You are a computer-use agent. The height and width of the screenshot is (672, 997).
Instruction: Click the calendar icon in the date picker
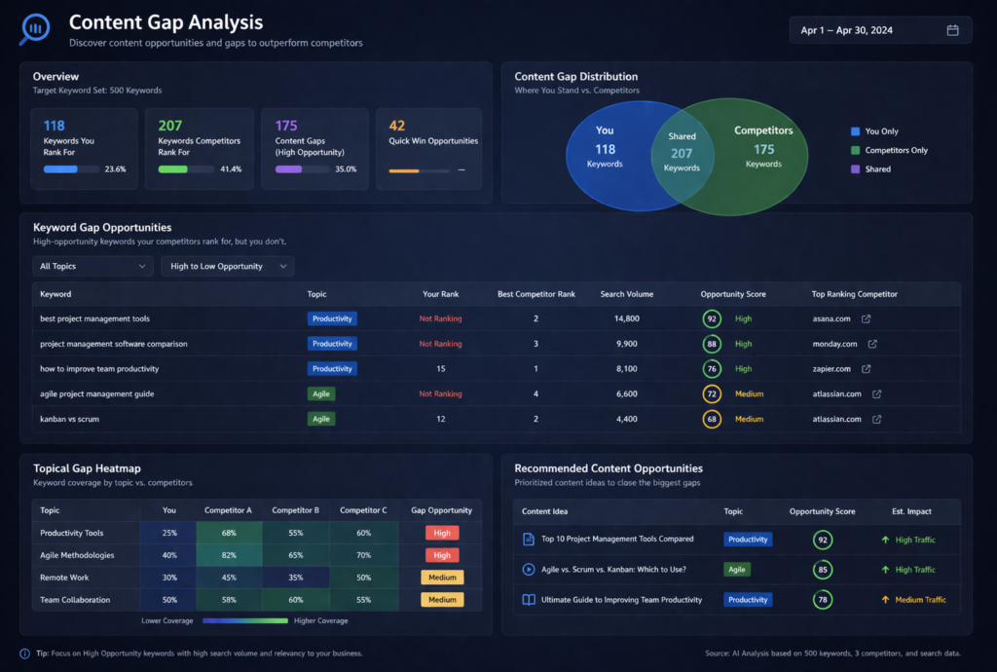tap(952, 30)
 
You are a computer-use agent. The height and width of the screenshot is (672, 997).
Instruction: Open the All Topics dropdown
tap(92, 266)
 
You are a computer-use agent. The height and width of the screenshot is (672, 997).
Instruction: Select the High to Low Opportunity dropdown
tap(227, 266)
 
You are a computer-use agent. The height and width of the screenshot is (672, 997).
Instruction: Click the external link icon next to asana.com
tap(867, 318)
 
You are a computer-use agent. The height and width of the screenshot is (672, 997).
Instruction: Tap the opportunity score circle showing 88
tap(712, 344)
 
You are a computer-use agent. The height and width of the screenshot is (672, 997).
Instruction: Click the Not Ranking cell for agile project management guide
tap(440, 394)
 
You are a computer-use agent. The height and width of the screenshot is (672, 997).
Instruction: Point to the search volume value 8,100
tap(626, 369)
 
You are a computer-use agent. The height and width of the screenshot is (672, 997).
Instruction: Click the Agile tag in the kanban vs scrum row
tap(320, 419)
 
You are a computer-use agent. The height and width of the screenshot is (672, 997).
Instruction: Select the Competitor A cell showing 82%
tap(228, 555)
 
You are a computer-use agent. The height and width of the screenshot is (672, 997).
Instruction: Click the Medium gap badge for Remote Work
tap(441, 578)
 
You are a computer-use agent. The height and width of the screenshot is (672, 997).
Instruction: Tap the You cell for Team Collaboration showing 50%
tap(168, 600)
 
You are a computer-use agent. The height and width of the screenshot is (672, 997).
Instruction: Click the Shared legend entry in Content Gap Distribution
tap(877, 169)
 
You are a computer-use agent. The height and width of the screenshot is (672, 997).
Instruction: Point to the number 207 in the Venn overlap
tap(682, 153)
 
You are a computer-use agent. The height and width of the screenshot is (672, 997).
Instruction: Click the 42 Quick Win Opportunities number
tap(397, 125)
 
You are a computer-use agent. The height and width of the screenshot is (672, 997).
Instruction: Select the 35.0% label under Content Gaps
tap(345, 169)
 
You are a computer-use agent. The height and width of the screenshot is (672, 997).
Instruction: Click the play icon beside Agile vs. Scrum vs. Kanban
tap(529, 570)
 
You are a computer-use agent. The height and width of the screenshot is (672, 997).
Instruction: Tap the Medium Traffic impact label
tap(920, 600)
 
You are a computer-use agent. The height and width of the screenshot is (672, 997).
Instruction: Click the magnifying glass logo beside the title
tap(36, 28)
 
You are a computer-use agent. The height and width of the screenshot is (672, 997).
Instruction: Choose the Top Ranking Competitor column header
tap(854, 294)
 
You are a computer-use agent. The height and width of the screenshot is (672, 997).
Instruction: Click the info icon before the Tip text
tap(24, 653)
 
